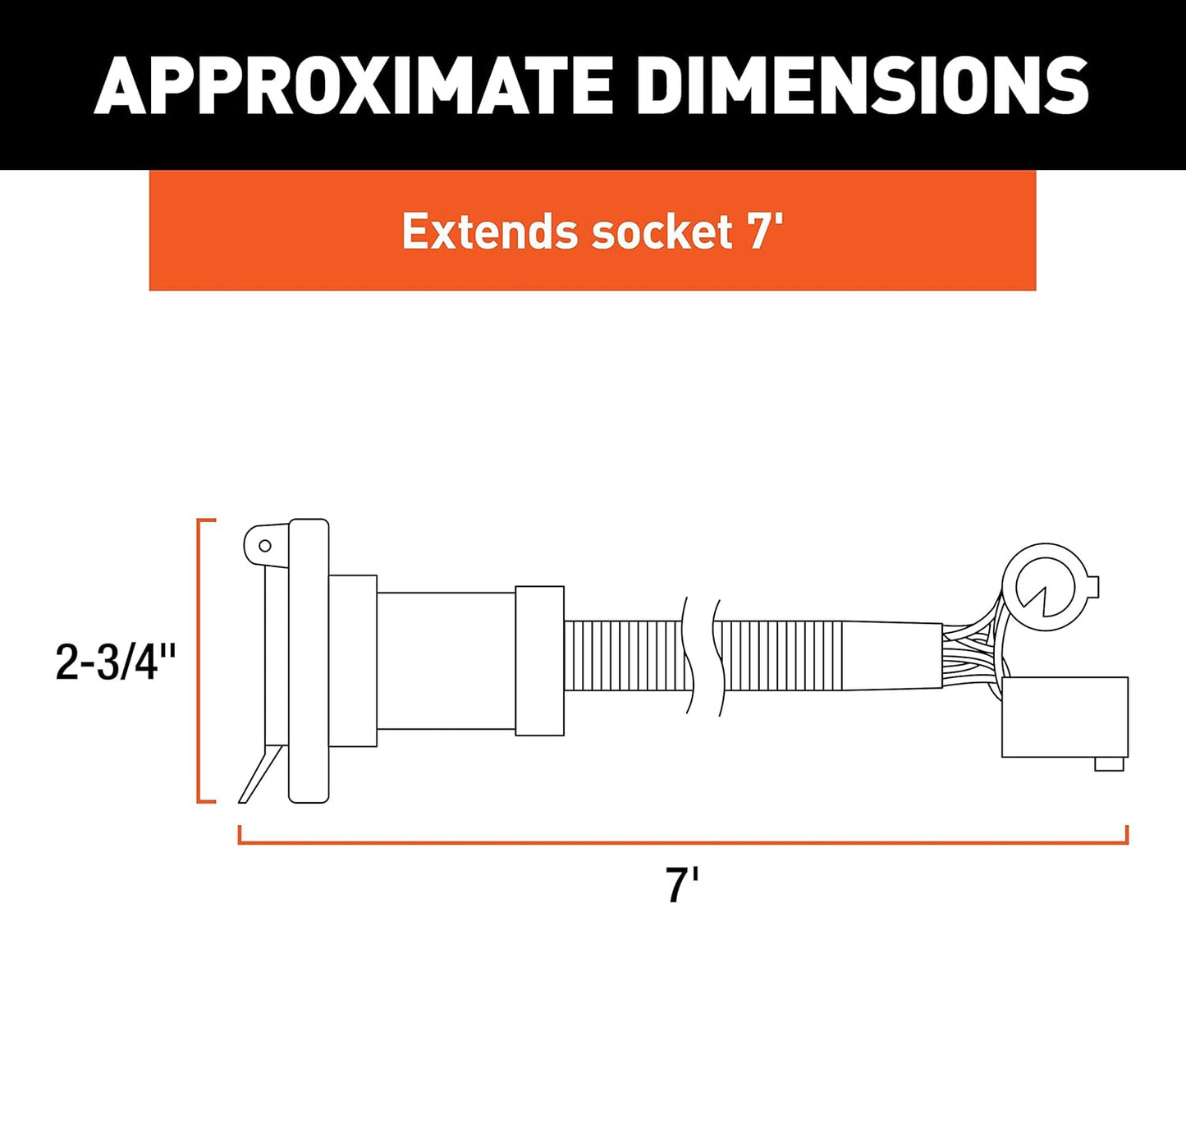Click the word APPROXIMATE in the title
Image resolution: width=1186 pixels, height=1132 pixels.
pyautogui.click(x=354, y=86)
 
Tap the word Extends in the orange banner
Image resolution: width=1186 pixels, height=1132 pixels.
pyautogui.click(x=491, y=231)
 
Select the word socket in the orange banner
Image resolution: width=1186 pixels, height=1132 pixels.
pyautogui.click(x=662, y=231)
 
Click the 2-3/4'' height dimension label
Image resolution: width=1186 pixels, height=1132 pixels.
pyautogui.click(x=115, y=662)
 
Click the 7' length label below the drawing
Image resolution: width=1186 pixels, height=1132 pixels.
pyautogui.click(x=682, y=885)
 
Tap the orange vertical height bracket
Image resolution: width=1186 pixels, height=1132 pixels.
pyautogui.click(x=199, y=661)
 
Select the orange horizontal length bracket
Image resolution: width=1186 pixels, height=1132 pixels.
pyautogui.click(x=683, y=842)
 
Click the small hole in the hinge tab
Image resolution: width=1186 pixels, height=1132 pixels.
pyautogui.click(x=265, y=546)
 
